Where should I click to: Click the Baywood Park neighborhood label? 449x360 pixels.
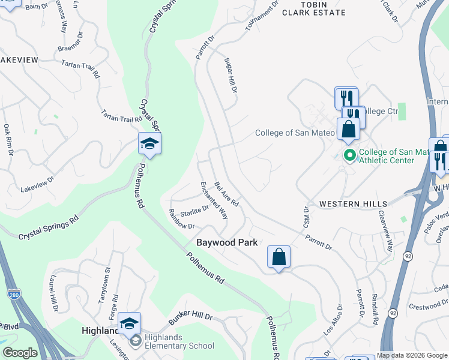pos(228,242)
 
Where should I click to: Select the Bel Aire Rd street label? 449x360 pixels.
pos(226,194)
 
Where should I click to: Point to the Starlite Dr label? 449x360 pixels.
pos(194,211)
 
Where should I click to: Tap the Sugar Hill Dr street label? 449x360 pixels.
pos(231,76)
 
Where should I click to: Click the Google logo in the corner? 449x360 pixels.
pos(20,353)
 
